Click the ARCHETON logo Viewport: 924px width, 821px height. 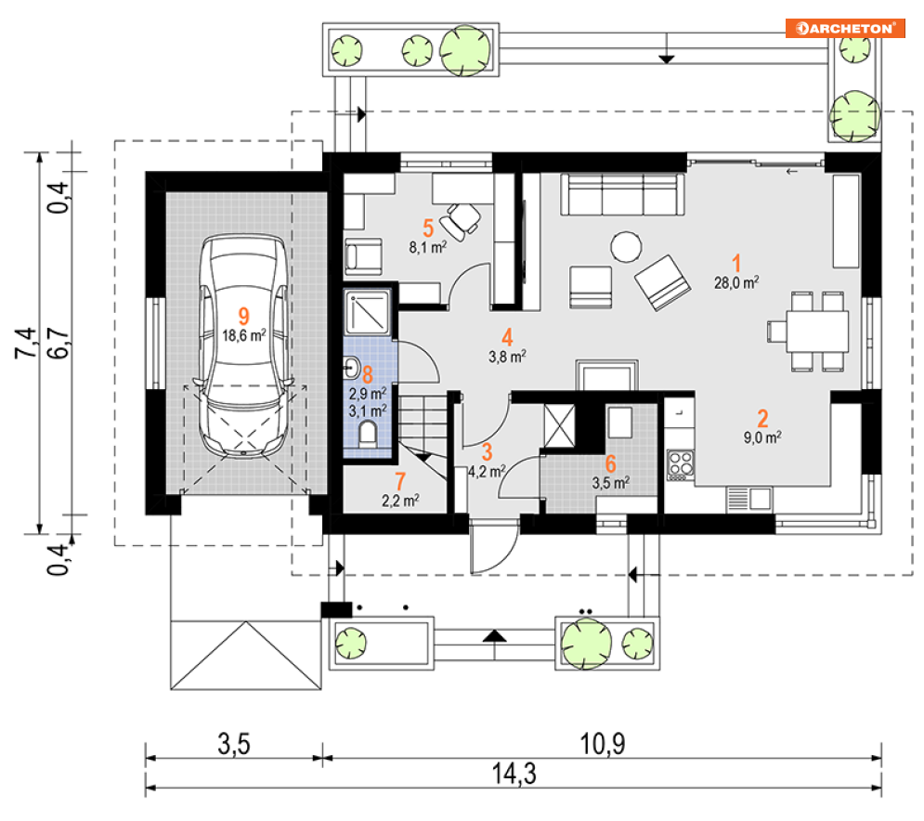pyautogui.click(x=845, y=28)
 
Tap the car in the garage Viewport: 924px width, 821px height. pyautogui.click(x=244, y=346)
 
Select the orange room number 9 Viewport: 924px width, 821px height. pyautogui.click(x=243, y=317)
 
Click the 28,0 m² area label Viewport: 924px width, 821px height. pyautogui.click(x=736, y=283)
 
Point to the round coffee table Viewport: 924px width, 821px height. pyautogui.click(x=626, y=246)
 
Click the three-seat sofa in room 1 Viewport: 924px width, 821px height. pyautogui.click(x=622, y=194)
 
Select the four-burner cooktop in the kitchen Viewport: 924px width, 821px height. pyautogui.click(x=680, y=465)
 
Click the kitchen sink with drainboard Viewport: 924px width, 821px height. pyautogui.click(x=748, y=499)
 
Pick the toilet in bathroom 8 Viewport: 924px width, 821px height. pyautogui.click(x=368, y=433)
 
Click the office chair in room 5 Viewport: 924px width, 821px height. pyautogui.click(x=462, y=220)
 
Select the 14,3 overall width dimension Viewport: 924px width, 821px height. pyautogui.click(x=514, y=774)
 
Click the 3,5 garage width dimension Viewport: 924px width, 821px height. pyautogui.click(x=234, y=744)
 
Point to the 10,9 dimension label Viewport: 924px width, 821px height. pyautogui.click(x=603, y=744)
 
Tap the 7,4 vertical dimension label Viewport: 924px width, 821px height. pyautogui.click(x=26, y=343)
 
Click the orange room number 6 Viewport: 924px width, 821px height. pyautogui.click(x=610, y=463)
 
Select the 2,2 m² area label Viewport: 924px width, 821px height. pyautogui.click(x=400, y=501)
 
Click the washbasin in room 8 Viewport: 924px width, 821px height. pyautogui.click(x=351, y=368)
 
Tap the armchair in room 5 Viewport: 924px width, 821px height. pyautogui.click(x=363, y=256)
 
